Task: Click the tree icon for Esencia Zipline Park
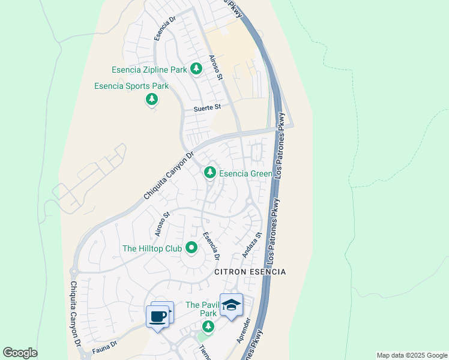(x=196, y=69)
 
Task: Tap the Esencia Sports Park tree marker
(x=152, y=99)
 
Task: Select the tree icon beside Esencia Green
(x=209, y=173)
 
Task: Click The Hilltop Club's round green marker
(x=191, y=247)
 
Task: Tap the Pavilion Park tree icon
(x=208, y=326)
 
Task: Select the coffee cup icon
(x=158, y=316)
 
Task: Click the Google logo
(x=20, y=353)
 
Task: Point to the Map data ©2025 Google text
(x=411, y=355)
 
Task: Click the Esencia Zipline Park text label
(x=149, y=70)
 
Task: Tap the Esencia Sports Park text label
(x=131, y=86)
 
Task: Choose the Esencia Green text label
(x=245, y=173)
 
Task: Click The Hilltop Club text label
(x=151, y=248)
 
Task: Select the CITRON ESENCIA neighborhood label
(x=250, y=272)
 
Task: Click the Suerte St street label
(x=207, y=108)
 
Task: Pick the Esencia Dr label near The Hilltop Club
(x=211, y=246)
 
